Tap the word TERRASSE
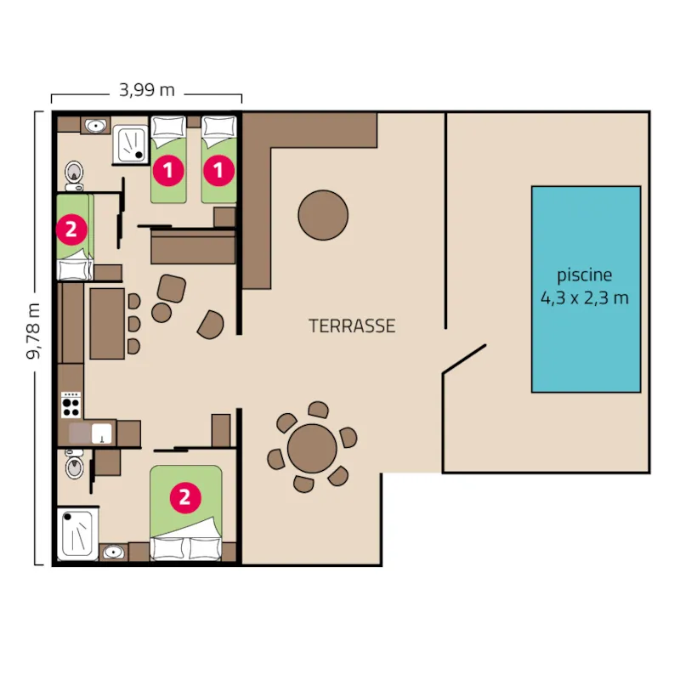tap(352, 326)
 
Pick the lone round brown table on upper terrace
tap(323, 213)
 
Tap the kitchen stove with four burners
tap(71, 405)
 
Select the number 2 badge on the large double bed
tap(184, 497)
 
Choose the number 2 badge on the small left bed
tap(70, 228)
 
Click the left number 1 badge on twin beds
tap(168, 170)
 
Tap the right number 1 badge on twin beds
tap(220, 170)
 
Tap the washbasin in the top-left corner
tap(96, 126)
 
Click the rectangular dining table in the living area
tap(107, 323)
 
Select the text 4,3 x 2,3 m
tap(585, 298)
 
